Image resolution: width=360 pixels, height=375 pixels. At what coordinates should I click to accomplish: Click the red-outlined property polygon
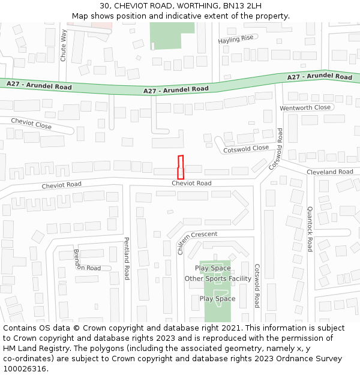(180, 167)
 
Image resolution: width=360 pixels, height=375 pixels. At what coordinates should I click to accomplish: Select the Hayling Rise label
(236, 40)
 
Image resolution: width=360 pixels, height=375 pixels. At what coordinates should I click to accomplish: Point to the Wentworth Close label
(305, 107)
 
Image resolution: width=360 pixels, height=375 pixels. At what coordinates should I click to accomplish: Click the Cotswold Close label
(246, 148)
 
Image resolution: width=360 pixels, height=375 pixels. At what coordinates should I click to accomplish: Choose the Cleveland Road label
(330, 172)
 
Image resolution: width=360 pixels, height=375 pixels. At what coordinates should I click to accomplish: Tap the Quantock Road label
(310, 229)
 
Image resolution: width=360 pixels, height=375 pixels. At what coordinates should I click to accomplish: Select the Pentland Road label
(127, 258)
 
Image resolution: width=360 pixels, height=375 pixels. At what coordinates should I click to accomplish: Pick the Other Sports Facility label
(218, 278)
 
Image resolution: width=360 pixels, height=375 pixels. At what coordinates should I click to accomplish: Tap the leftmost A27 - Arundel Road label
(39, 86)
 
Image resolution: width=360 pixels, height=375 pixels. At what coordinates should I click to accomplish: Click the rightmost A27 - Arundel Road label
(320, 77)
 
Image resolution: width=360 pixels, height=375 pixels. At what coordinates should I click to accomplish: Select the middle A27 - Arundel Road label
(176, 89)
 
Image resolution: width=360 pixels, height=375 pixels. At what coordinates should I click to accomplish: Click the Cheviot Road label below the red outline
(191, 183)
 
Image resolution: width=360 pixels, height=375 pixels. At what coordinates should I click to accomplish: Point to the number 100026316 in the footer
(25, 368)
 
